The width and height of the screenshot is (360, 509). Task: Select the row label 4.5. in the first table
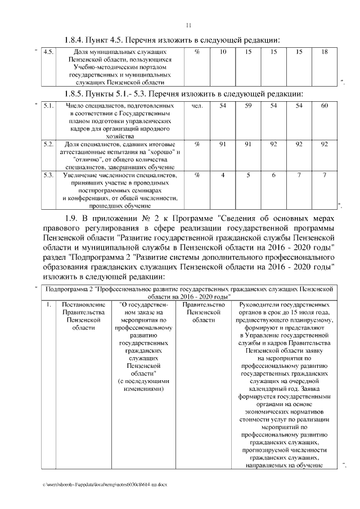point(48,52)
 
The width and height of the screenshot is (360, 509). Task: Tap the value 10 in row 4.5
point(223,52)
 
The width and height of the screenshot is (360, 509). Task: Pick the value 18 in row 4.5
point(324,52)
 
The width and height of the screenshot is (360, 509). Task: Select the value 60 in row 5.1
point(324,106)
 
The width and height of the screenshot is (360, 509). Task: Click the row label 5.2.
point(48,145)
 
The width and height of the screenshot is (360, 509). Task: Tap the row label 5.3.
point(48,175)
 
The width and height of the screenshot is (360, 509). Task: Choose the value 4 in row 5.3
point(223,175)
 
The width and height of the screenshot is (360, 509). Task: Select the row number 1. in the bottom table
point(49,305)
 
